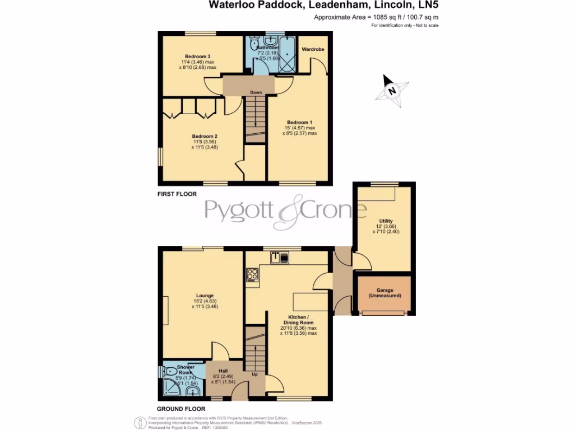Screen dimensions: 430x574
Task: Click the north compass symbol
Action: click(392, 90)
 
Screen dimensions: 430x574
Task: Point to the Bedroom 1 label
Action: click(300, 123)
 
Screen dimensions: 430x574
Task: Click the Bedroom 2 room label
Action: click(205, 136)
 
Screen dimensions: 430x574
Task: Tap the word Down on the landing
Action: click(256, 93)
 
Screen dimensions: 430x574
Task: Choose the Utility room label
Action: click(386, 222)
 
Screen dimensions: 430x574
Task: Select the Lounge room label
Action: click(205, 296)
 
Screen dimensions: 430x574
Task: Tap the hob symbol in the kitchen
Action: click(252, 274)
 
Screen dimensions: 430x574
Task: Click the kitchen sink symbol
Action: click(279, 258)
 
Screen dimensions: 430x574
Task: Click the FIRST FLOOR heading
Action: click(177, 194)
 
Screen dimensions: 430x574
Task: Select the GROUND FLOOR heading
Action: click(181, 409)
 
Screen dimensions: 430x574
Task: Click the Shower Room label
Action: click(186, 370)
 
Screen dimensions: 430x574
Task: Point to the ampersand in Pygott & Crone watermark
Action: click(289, 212)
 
